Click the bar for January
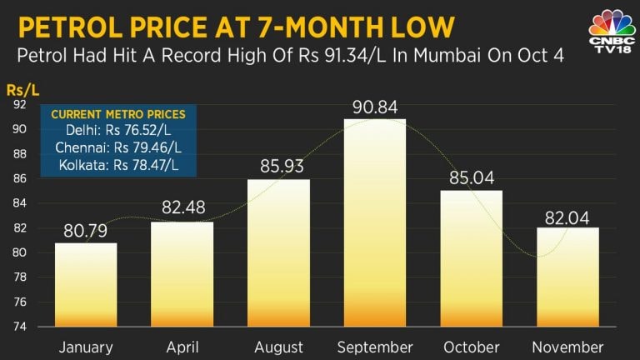(x=85, y=284)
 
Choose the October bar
(x=471, y=257)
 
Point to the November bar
(x=567, y=276)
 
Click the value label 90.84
(x=375, y=107)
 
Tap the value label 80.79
(x=85, y=231)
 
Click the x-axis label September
(x=375, y=347)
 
